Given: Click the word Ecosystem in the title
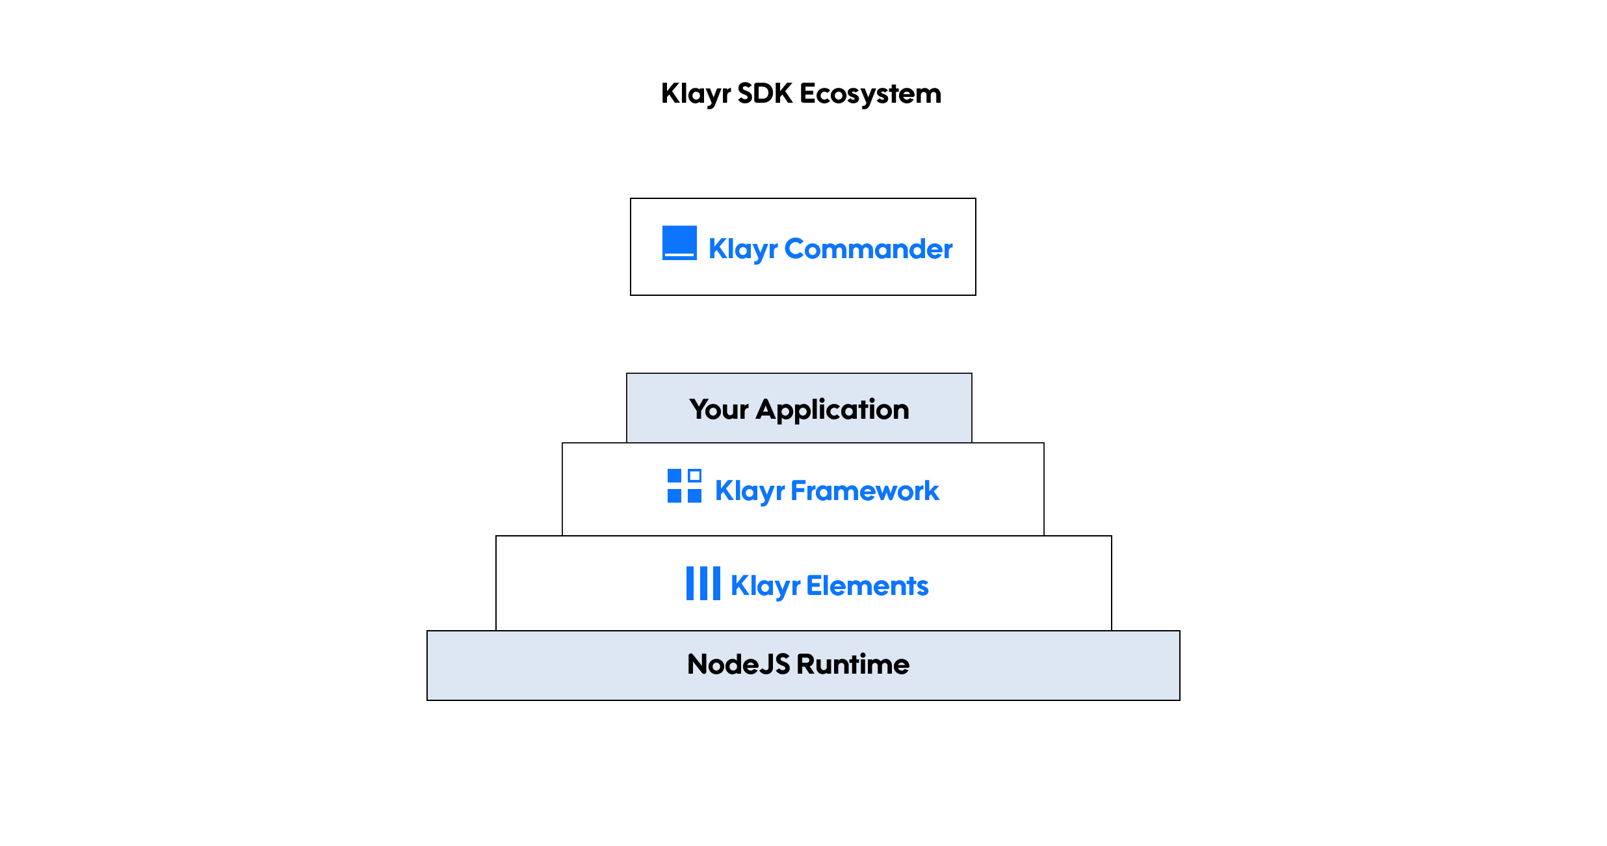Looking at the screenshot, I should click(x=870, y=94).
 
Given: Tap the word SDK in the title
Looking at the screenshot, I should click(x=764, y=94).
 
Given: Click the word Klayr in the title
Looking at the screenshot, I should click(x=695, y=94).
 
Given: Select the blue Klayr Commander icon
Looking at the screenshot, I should click(x=679, y=243).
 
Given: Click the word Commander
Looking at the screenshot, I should click(x=868, y=249).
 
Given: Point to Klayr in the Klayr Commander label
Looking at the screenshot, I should click(x=742, y=249).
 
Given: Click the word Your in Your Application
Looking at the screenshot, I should click(x=718, y=410).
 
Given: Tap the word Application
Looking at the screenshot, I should click(x=832, y=410).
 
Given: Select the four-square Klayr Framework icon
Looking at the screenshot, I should click(x=684, y=486).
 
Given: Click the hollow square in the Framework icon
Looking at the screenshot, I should click(x=694, y=475).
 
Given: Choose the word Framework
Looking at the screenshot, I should click(x=865, y=491).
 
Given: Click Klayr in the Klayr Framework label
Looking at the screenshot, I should click(x=750, y=491).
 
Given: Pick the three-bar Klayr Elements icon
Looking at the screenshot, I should click(x=703, y=583).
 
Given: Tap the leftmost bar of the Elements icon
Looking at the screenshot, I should click(x=690, y=583).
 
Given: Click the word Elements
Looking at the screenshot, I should click(x=867, y=586).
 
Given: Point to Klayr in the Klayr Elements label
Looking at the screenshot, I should click(x=765, y=586).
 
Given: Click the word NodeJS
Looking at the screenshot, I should click(x=738, y=665).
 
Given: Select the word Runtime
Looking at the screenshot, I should click(x=853, y=665).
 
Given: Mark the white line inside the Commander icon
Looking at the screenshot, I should click(x=679, y=255).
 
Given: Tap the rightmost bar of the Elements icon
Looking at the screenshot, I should click(x=716, y=583).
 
